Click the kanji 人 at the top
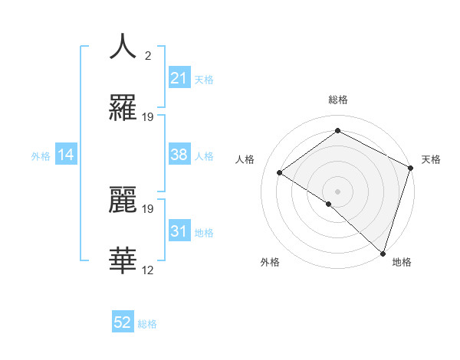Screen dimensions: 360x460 tap(123, 46)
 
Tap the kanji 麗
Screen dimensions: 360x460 tap(123, 198)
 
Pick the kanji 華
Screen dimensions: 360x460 tap(123, 260)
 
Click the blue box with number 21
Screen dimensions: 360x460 tap(179, 78)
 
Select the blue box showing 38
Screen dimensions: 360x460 tap(179, 155)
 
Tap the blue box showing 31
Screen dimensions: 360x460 tap(179, 231)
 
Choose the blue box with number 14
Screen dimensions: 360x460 tap(66, 155)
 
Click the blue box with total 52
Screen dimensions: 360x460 tap(123, 323)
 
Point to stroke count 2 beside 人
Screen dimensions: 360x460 tap(148, 56)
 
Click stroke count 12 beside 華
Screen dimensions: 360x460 tap(148, 270)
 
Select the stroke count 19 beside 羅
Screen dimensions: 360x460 tap(148, 117)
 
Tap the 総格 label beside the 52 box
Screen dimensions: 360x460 tap(147, 324)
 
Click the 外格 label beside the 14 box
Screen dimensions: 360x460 tap(41, 156)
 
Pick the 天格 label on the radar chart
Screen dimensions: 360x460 tap(431, 159)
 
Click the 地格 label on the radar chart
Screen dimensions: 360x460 tap(402, 262)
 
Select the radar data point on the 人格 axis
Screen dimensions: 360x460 tap(280, 172)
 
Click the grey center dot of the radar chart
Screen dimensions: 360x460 tap(337, 191)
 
